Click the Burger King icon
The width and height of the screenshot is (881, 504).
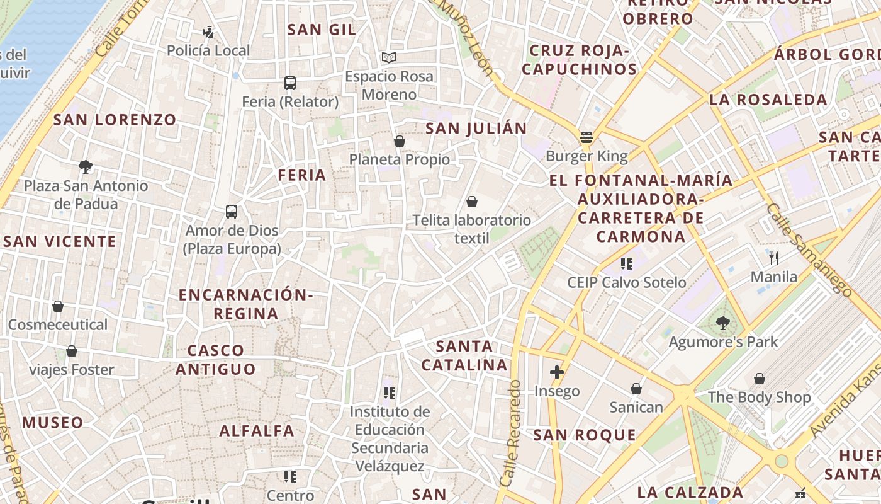tap(586, 137)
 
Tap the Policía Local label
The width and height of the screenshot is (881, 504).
tap(208, 50)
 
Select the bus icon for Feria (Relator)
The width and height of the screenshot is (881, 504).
tap(290, 83)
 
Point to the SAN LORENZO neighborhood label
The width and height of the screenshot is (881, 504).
tap(115, 120)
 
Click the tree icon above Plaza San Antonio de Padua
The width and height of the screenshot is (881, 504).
tap(86, 167)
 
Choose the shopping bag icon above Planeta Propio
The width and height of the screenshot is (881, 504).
tap(399, 141)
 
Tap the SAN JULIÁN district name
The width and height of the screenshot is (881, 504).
tap(476, 129)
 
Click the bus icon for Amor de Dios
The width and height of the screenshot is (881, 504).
tap(232, 212)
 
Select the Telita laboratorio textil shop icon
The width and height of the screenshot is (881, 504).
tap(471, 202)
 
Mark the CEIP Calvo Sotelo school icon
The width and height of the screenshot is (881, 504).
tap(626, 263)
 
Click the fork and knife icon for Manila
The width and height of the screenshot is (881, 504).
tap(774, 258)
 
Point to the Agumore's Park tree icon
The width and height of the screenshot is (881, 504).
tap(723, 324)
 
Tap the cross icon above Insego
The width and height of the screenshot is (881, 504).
tap(557, 372)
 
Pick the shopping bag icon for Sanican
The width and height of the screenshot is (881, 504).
tap(636, 389)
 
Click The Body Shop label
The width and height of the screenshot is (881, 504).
tap(760, 398)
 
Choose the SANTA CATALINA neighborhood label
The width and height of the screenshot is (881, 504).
tap(464, 355)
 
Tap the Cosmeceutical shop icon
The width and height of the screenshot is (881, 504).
tap(58, 306)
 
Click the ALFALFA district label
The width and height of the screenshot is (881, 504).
tap(257, 431)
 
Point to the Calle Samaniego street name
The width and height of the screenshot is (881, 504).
tap(809, 250)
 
